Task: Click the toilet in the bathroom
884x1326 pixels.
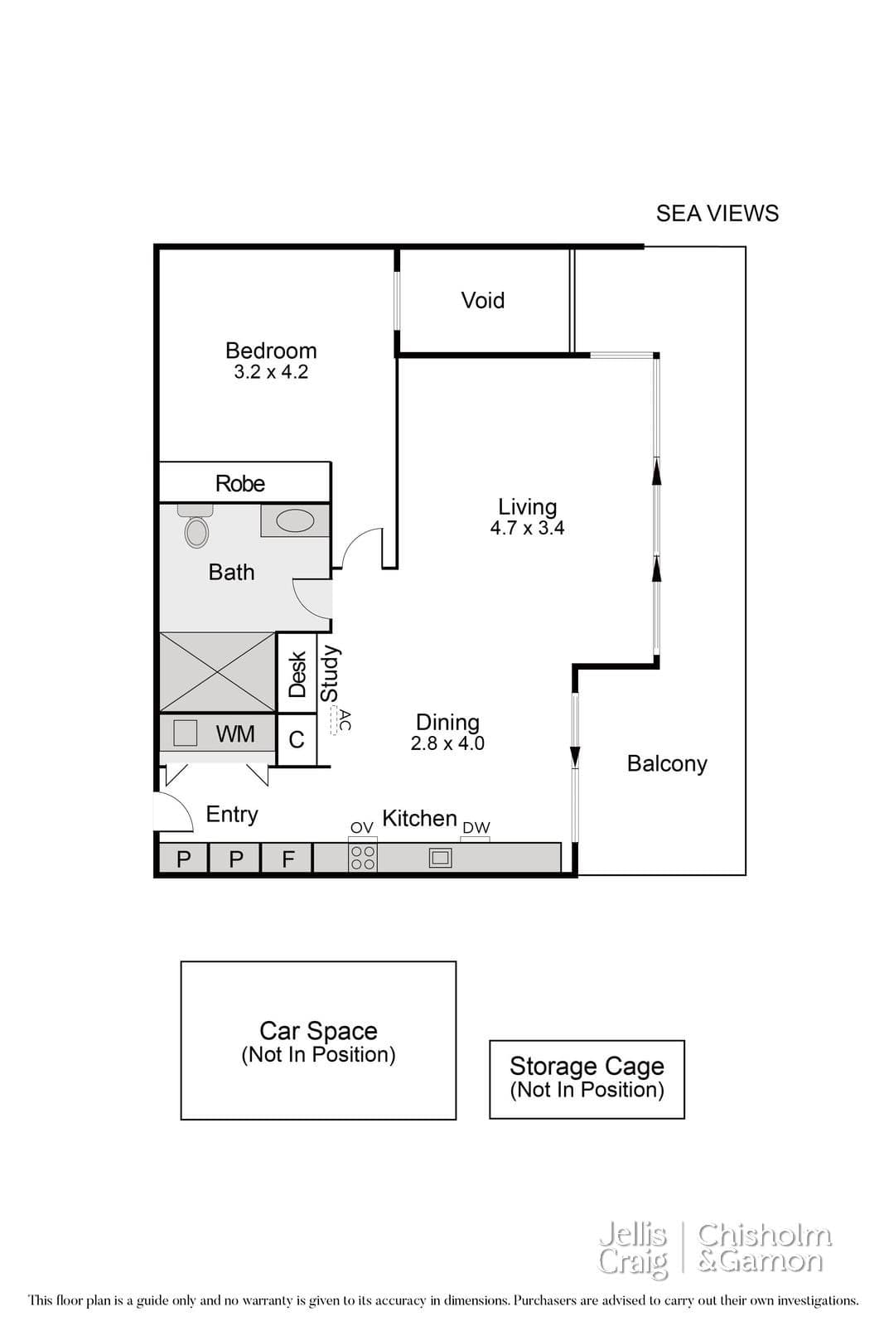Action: [x=196, y=525]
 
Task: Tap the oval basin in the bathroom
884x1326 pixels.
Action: [x=295, y=521]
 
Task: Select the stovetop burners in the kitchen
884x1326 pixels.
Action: [x=363, y=858]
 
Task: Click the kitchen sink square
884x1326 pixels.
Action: [x=440, y=858]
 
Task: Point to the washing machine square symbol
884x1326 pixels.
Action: [x=185, y=733]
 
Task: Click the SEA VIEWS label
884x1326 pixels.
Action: [x=717, y=213]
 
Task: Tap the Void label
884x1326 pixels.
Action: [x=483, y=300]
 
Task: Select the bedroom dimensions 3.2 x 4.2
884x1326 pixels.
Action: [x=271, y=372]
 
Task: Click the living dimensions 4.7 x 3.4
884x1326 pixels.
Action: [x=527, y=528]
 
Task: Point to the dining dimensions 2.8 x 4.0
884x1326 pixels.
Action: [x=447, y=743]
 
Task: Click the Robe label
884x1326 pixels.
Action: [x=239, y=484]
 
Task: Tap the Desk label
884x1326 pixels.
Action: [x=297, y=675]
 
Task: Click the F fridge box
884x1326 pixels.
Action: [x=287, y=858]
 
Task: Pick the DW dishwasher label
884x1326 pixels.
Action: [x=476, y=828]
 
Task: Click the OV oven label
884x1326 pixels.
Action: [x=361, y=828]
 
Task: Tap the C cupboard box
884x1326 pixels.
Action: [x=297, y=740]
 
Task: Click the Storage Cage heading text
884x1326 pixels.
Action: [x=587, y=1066]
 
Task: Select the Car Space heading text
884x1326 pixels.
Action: [x=318, y=1031]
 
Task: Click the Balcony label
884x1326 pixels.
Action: [x=667, y=763]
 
